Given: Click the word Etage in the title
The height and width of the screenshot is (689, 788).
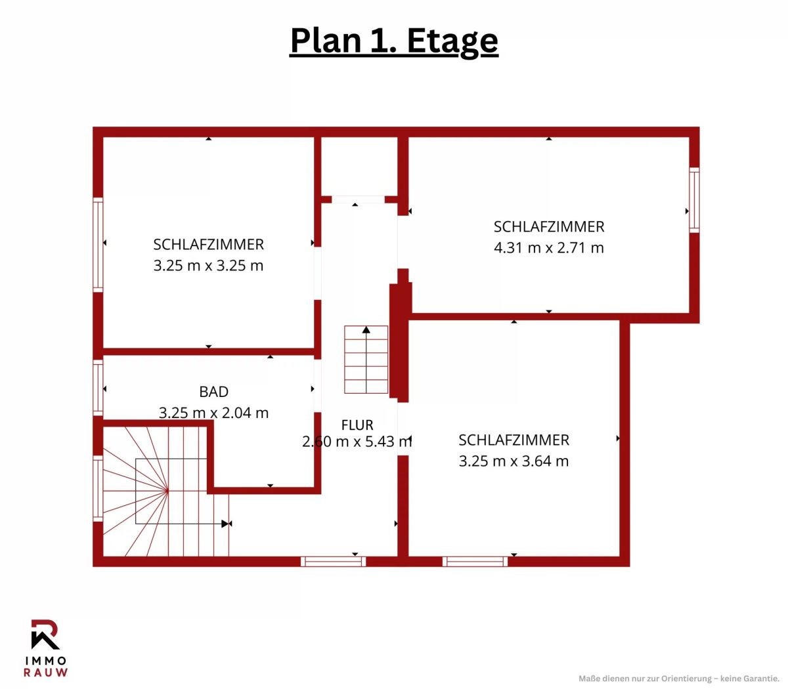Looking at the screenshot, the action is click(x=452, y=41).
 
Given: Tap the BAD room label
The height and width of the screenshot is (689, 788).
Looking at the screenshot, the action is click(x=214, y=392).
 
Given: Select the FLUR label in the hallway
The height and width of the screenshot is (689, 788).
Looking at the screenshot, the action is click(x=357, y=425).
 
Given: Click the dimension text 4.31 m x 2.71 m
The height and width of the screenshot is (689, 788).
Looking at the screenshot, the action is click(x=548, y=247).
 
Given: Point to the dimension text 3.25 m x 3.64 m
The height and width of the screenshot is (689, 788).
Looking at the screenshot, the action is click(x=514, y=461).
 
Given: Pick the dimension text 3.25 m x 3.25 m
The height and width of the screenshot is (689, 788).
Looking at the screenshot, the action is click(x=208, y=266).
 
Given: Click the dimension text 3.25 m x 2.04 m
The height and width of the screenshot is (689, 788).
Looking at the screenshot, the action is click(x=214, y=413).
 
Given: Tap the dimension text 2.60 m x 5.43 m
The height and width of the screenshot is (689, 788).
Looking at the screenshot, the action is click(x=357, y=442).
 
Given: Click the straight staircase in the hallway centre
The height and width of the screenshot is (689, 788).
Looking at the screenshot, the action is click(x=366, y=360).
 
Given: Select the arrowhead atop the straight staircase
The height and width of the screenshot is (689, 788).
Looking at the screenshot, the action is click(x=366, y=329).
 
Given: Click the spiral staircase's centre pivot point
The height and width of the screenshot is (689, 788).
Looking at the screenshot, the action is click(x=168, y=491).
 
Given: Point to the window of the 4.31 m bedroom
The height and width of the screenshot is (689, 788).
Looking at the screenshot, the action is click(x=694, y=199).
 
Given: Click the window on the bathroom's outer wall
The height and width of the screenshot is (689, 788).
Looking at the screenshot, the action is click(x=98, y=388).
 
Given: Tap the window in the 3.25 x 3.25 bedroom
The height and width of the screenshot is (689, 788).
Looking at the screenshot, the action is click(x=98, y=245).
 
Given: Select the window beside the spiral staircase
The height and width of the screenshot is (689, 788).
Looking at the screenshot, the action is click(x=98, y=488).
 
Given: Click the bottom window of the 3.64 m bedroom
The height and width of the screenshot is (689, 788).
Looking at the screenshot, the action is click(x=475, y=562).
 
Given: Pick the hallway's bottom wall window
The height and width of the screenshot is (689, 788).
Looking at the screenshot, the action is click(x=333, y=562).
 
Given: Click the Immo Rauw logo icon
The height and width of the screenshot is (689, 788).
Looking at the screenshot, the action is click(x=45, y=634).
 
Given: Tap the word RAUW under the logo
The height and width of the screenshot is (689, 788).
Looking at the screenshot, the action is click(x=45, y=673).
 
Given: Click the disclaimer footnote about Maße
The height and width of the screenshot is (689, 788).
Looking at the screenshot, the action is click(x=678, y=679).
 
